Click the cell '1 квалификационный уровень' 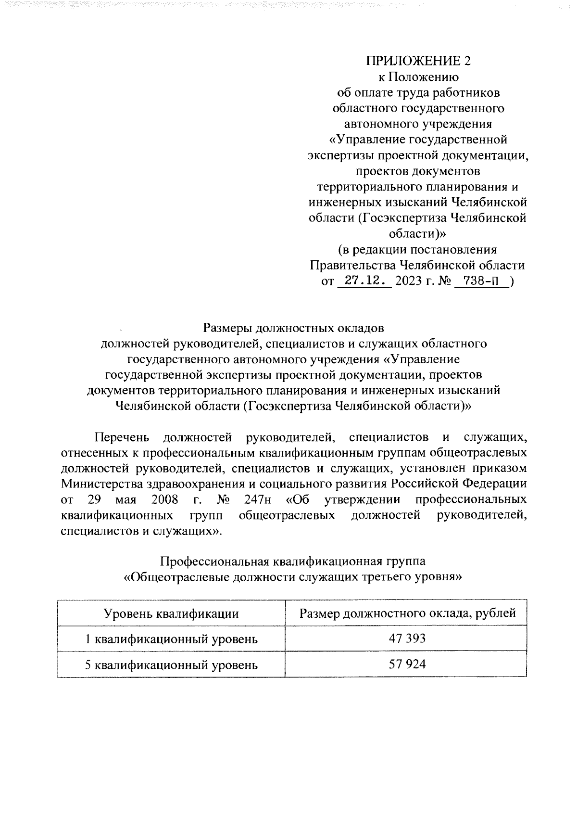[x=171, y=639]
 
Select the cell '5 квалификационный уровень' [x=171, y=665]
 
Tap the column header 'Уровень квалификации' [x=171, y=613]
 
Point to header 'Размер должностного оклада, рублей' [x=407, y=613]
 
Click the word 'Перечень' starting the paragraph [x=122, y=437]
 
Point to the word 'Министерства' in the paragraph [x=104, y=483]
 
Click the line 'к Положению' [x=417, y=77]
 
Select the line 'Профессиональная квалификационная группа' [x=292, y=561]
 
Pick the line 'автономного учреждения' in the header [x=417, y=124]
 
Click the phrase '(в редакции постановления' [x=417, y=250]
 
